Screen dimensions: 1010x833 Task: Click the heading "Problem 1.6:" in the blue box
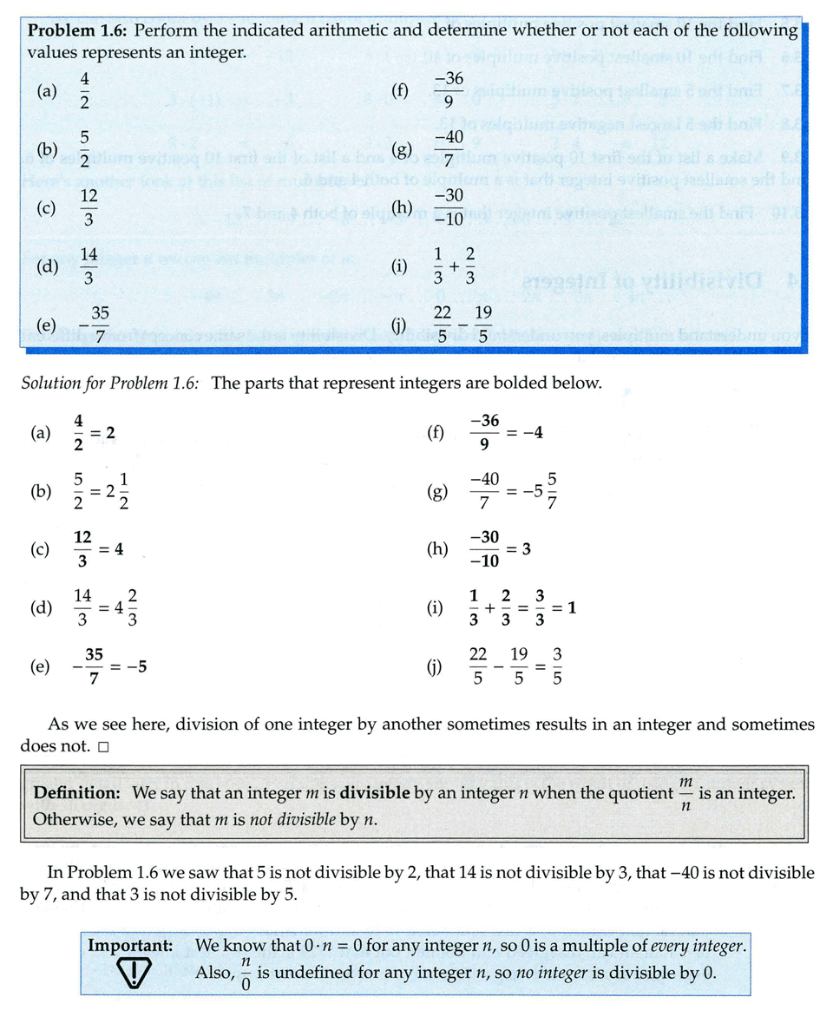coord(78,30)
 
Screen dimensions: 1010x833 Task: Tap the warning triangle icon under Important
coord(132,970)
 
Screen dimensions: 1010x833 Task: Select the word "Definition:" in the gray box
coord(75,793)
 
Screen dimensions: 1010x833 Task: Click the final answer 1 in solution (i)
coord(572,608)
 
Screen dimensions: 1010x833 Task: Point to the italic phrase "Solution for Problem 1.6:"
coord(112,383)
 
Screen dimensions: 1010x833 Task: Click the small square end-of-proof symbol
coord(103,746)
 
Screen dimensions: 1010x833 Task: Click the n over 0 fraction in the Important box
coord(246,972)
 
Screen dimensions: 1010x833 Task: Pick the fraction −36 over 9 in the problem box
coord(449,90)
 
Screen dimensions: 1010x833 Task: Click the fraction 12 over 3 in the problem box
coord(89,208)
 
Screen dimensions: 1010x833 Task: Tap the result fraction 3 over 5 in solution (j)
coord(558,667)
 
